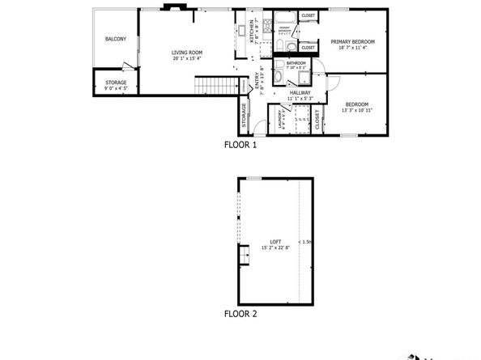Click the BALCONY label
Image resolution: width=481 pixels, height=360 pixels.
pyautogui.click(x=115, y=39)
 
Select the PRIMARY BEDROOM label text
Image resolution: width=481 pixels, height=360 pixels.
pyautogui.click(x=352, y=41)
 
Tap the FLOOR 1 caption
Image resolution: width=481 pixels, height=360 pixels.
pyautogui.click(x=240, y=146)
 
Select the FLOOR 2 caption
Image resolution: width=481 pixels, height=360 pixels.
pyautogui.click(x=240, y=311)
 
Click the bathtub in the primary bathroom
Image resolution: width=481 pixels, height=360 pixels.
pyautogui.click(x=284, y=17)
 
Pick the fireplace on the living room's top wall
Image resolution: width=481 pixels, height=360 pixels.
pyautogui.click(x=172, y=8)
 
